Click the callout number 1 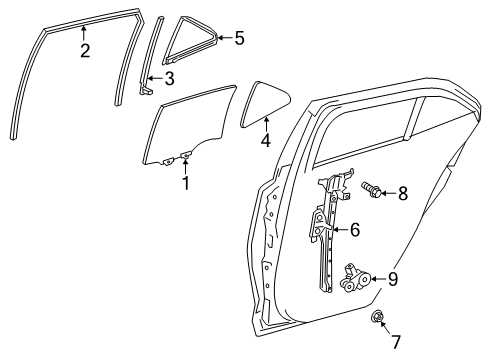[185, 183]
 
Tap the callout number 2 [85, 50]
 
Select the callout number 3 [170, 79]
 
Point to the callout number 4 [265, 142]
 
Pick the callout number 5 [238, 39]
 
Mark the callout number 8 [402, 193]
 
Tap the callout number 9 [393, 280]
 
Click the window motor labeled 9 [356, 278]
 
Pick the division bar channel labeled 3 [151, 55]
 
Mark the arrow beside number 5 [224, 39]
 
